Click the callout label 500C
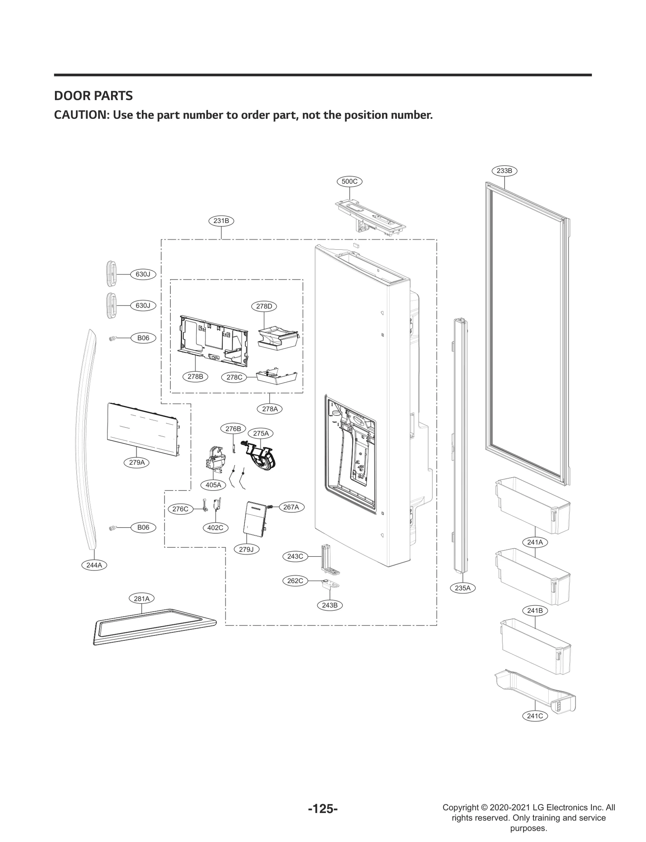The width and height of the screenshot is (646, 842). [349, 181]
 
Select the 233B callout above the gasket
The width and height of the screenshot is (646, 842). [504, 171]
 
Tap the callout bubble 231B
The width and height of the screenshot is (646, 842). [221, 221]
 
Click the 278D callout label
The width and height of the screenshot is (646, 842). [264, 306]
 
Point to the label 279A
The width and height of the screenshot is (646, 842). [137, 463]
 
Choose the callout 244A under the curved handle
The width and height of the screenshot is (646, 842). [94, 565]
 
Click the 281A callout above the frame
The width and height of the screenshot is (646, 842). [142, 598]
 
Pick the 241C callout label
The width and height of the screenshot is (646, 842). [535, 716]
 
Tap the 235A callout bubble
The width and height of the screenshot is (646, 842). [463, 588]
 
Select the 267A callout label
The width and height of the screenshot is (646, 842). [291, 507]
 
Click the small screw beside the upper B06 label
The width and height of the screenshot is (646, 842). [113, 339]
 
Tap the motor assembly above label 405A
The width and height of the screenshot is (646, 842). [214, 460]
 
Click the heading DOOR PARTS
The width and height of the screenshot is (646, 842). [93, 96]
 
